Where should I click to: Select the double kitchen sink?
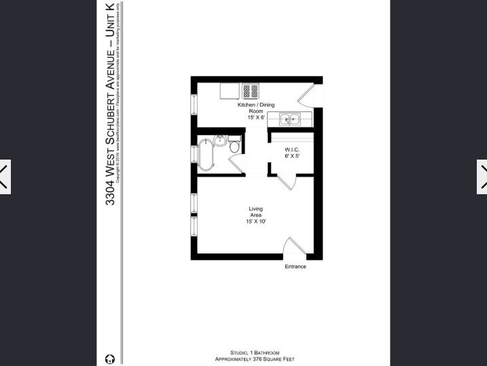click(291, 120)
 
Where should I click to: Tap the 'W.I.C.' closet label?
click(292, 149)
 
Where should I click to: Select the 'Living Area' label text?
click(255, 212)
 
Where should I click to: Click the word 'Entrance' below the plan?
click(295, 266)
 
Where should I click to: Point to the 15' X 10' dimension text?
click(255, 222)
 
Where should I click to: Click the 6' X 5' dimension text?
click(292, 157)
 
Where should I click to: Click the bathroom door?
click(236, 164)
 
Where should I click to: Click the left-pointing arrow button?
click(5, 177)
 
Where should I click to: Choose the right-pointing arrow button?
click(482, 177)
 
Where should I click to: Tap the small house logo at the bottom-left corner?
click(110, 359)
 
